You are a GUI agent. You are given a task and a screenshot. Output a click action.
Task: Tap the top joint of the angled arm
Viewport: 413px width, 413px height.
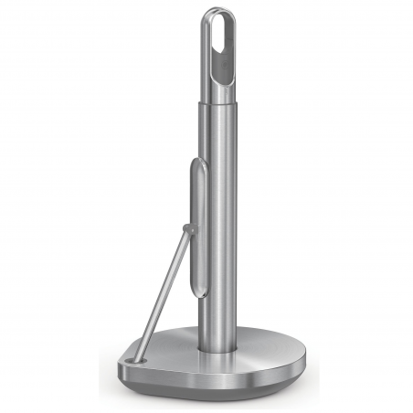(187, 228)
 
